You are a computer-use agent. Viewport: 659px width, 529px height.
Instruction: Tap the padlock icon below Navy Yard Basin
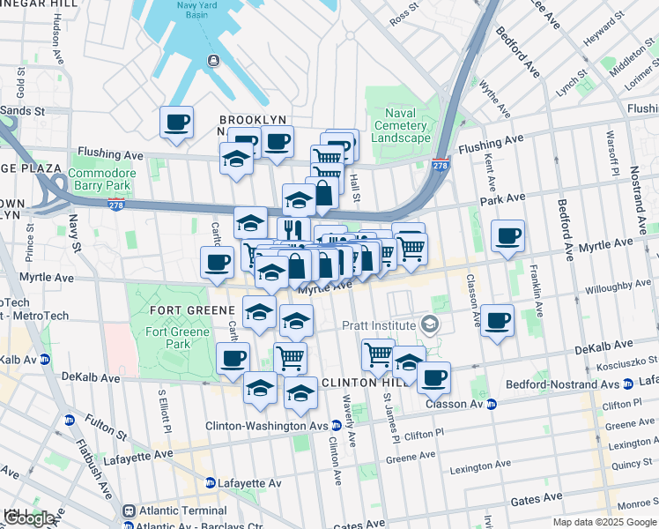tap(213, 60)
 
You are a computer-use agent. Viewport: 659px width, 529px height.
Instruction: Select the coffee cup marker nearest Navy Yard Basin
tap(176, 122)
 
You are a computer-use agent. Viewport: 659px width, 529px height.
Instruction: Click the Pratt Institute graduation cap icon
tap(429, 325)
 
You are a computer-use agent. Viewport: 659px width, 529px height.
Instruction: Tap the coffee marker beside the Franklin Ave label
tap(499, 320)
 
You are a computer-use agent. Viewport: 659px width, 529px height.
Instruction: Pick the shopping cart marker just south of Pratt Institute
tap(378, 354)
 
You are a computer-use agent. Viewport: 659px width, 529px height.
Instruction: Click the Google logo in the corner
tap(28, 518)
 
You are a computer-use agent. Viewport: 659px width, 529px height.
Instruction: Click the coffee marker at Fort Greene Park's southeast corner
tap(233, 358)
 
